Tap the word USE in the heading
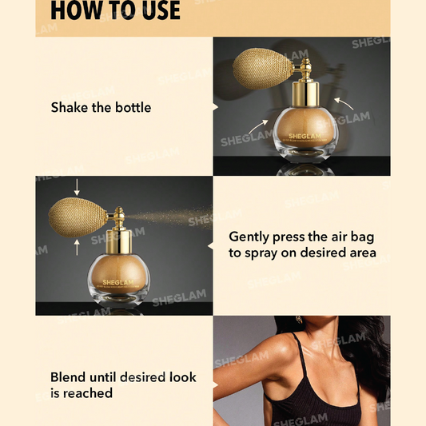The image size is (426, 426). [x=155, y=10]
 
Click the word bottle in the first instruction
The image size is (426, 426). [x=129, y=107]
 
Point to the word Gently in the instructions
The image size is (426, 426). [x=251, y=237]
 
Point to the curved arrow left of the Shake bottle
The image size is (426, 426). [x=257, y=126]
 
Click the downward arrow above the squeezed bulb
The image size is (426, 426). [x=76, y=188]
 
